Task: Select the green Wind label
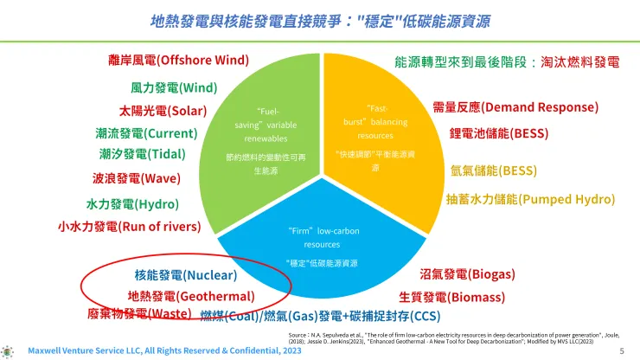click(174, 87)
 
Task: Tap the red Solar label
click(163, 111)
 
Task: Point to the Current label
click(146, 133)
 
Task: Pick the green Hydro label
click(132, 204)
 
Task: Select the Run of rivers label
click(129, 226)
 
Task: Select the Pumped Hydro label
click(530, 199)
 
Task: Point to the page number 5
click(621, 351)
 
